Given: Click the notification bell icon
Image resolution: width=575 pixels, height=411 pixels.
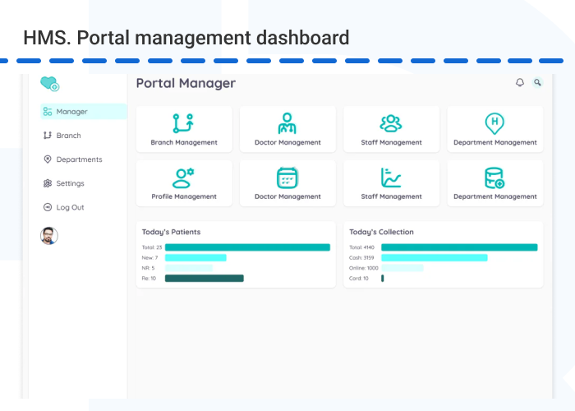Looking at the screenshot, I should [x=519, y=83].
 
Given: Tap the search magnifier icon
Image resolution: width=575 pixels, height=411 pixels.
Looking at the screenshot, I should [x=537, y=82].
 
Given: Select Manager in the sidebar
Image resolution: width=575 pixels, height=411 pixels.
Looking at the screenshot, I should [x=83, y=112].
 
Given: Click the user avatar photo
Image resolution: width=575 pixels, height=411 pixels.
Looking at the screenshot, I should [x=49, y=235].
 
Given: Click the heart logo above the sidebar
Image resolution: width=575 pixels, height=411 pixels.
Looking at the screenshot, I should [x=50, y=83].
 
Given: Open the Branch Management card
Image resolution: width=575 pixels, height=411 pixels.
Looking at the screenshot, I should [x=184, y=130].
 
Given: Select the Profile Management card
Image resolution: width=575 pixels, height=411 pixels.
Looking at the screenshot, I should [x=184, y=184].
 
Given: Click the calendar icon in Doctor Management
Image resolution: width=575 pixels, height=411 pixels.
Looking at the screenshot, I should [x=287, y=177].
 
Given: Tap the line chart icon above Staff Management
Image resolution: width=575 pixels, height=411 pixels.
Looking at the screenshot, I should [x=391, y=177].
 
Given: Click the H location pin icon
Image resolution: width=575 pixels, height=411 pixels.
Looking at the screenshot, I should [x=494, y=123].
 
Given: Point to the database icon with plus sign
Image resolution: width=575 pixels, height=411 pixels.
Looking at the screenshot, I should [x=494, y=178].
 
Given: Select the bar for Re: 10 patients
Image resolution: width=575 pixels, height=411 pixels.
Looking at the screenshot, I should [x=205, y=279].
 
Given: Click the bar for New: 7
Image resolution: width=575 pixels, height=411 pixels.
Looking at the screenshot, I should [x=195, y=257].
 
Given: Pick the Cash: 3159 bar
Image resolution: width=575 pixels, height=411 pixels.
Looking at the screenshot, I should [x=434, y=257].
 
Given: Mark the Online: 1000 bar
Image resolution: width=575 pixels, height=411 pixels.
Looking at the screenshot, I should [x=402, y=268].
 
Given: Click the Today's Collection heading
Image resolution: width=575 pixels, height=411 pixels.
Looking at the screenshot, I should [x=381, y=232].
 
